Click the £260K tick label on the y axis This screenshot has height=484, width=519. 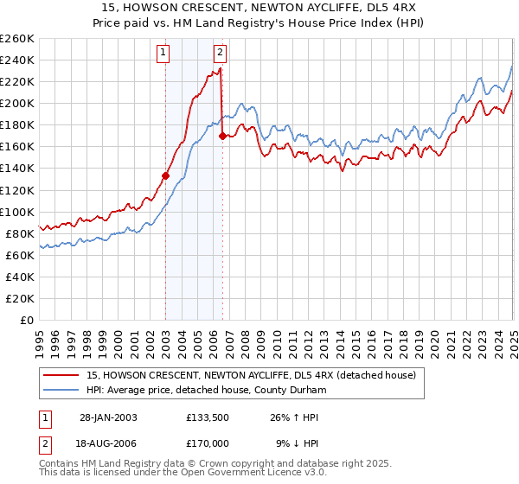(17, 39)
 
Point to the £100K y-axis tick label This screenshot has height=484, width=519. (17, 212)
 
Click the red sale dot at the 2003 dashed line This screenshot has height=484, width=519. (166, 175)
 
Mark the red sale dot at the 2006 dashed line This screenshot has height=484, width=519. (222, 136)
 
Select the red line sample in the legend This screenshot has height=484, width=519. (61, 374)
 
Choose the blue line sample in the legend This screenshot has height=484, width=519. (61, 389)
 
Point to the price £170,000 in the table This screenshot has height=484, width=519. (207, 443)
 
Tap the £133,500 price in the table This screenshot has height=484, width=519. (207, 417)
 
